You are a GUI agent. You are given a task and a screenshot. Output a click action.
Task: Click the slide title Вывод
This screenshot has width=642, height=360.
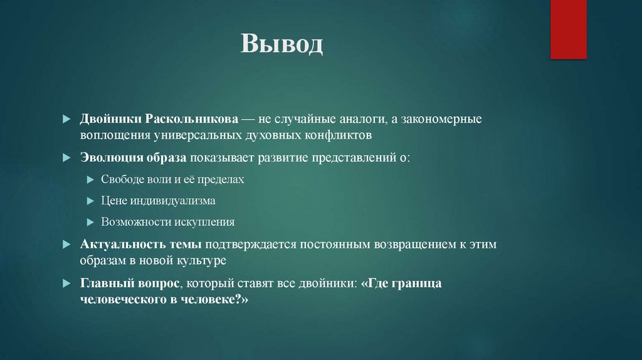282,44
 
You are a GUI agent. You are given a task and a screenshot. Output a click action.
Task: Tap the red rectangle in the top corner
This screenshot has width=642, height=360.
568,29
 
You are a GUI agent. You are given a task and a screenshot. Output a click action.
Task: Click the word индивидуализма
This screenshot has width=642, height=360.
173,201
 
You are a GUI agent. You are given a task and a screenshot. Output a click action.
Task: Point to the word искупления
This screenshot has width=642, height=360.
202,222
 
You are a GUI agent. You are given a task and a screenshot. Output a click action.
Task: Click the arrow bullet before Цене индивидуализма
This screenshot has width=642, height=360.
90,201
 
